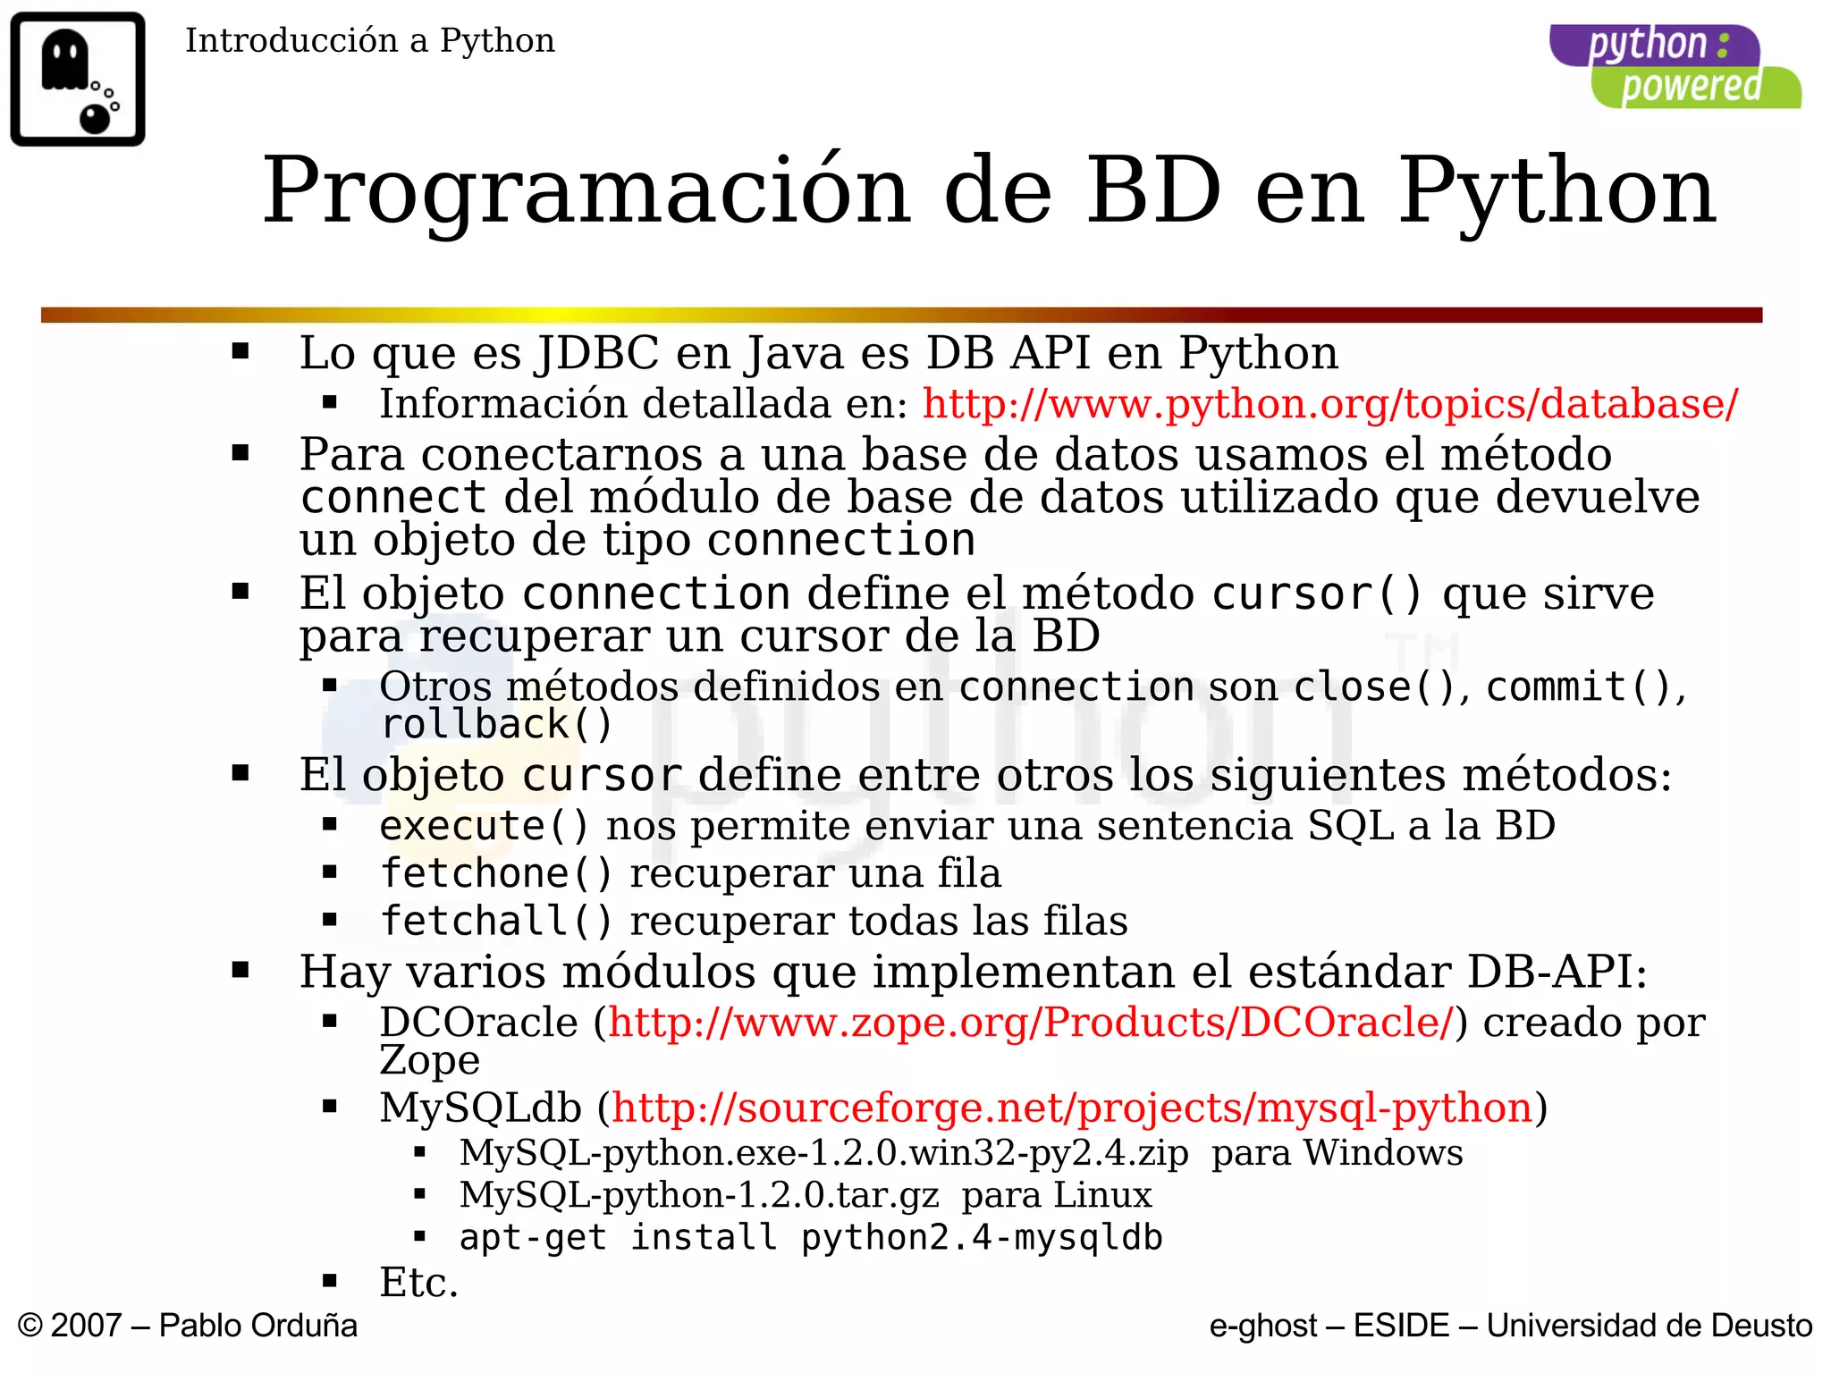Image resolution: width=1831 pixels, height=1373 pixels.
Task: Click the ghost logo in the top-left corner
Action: click(78, 79)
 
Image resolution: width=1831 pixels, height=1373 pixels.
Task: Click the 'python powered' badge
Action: click(1675, 67)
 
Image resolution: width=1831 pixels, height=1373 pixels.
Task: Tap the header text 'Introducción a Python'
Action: click(369, 41)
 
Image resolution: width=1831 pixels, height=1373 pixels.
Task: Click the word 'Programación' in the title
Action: click(586, 190)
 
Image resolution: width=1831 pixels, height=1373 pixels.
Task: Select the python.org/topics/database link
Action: click(1330, 404)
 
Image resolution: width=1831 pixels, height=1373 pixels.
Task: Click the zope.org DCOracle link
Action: click(1031, 1022)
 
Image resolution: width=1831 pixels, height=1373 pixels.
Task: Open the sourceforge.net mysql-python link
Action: click(1072, 1108)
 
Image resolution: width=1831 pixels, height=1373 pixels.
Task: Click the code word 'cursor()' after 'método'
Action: click(1316, 594)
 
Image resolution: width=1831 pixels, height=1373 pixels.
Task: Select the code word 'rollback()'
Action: click(496, 725)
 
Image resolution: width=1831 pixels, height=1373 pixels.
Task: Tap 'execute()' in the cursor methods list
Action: click(484, 826)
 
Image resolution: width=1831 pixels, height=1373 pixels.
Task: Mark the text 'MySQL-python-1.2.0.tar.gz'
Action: click(699, 1195)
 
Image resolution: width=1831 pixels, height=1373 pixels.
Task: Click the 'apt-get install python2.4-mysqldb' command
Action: click(810, 1238)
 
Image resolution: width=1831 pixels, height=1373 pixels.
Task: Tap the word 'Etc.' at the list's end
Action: click(418, 1283)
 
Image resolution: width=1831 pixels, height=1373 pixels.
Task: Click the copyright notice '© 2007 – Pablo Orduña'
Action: click(188, 1326)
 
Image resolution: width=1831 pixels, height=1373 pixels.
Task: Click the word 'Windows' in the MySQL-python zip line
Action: click(1383, 1153)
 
